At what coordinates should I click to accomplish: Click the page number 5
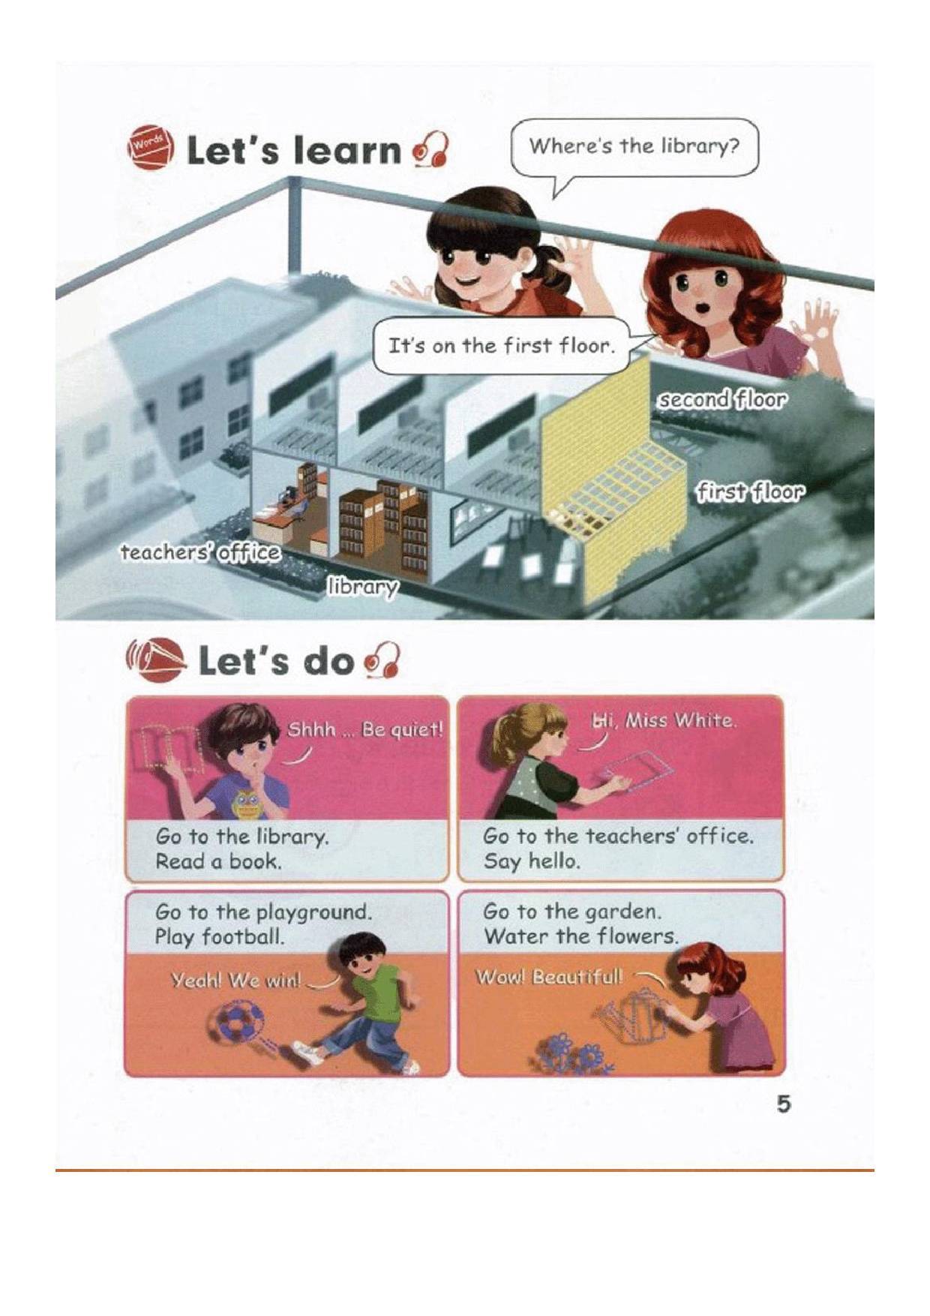(x=784, y=1104)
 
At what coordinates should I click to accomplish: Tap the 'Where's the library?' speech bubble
(x=634, y=149)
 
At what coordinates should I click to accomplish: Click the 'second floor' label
(x=722, y=400)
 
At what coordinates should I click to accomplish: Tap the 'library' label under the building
(x=361, y=587)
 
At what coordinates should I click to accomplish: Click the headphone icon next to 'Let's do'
(x=382, y=660)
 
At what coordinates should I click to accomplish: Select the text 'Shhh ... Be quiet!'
(x=366, y=729)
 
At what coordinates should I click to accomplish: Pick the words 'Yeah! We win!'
(x=236, y=980)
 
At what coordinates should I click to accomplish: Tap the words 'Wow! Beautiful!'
(x=549, y=977)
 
